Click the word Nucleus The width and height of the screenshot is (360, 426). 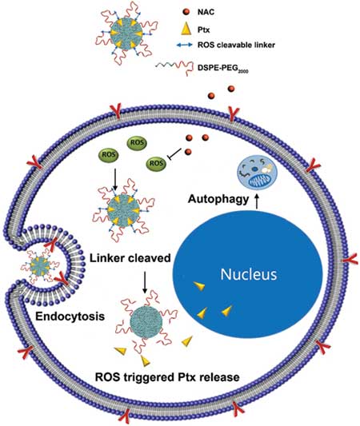[x=249, y=274]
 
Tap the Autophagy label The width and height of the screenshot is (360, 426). [x=218, y=199]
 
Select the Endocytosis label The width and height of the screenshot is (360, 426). [x=70, y=317]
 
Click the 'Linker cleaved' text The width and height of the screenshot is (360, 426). [x=130, y=258]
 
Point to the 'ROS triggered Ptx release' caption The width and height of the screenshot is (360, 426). [x=167, y=377]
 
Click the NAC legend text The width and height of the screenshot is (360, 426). [x=206, y=12]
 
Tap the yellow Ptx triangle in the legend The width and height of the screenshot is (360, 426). [x=186, y=29]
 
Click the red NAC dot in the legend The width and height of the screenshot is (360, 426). [x=186, y=12]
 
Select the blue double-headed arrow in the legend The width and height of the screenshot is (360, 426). [x=185, y=45]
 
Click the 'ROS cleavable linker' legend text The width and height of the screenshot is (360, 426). [x=236, y=45]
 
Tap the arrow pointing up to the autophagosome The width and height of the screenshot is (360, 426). [x=257, y=202]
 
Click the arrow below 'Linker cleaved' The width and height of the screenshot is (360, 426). [x=145, y=283]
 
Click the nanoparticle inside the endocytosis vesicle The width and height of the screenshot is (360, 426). [x=40, y=266]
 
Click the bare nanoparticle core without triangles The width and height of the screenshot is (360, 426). [x=146, y=322]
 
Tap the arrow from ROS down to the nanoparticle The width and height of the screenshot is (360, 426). [x=115, y=179]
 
